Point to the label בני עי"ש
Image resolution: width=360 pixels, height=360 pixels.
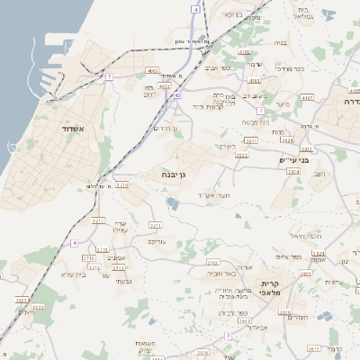pyautogui.click(x=294, y=159)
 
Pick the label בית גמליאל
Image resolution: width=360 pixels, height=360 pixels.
pyautogui.click(x=302, y=13)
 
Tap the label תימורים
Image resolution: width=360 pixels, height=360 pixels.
pyautogui.click(x=296, y=318)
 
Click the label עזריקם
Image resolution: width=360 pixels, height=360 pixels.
pyautogui.click(x=158, y=242)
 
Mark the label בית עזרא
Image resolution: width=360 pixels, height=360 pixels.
pyautogui.click(x=78, y=275)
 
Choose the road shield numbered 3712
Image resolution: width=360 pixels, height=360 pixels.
pyautogui.click(x=118, y=267)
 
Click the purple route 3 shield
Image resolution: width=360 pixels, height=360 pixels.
pyautogui.click(x=228, y=334)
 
